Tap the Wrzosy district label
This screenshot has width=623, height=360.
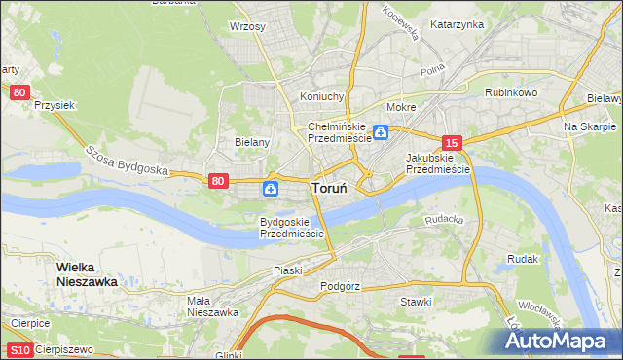coord(247,26)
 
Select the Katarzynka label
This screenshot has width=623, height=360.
coord(457,23)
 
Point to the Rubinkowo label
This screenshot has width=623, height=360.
coord(511,92)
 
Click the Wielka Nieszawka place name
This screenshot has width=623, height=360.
coord(87,273)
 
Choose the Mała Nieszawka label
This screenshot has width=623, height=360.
coord(212,306)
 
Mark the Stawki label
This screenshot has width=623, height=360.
coord(416,302)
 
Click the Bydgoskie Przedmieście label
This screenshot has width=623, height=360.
coord(291,228)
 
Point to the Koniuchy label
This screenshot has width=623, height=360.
coord(322,96)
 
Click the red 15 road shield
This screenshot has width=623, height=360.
coord(451,141)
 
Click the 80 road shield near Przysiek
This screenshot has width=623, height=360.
coord(19,91)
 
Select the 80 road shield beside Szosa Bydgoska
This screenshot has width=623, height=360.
coord(218,180)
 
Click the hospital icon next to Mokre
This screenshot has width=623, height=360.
coord(383,133)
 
